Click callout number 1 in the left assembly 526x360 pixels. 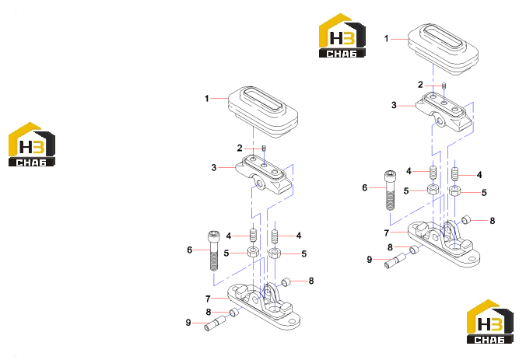click(x=207, y=99)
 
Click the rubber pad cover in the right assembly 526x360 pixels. click(x=443, y=49)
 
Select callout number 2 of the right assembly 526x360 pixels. click(x=420, y=85)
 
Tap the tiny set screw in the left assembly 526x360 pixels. click(x=264, y=149)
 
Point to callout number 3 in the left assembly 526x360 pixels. click(x=214, y=168)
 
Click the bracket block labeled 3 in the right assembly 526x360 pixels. click(x=444, y=113)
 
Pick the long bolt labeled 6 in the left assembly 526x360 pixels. click(x=214, y=250)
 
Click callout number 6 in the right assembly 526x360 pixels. click(x=365, y=187)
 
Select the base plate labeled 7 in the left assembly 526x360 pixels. click(x=264, y=306)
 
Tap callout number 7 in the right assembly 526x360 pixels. click(x=387, y=232)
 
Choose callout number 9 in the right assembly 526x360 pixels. click(x=370, y=260)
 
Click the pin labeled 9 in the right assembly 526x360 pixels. click(x=395, y=261)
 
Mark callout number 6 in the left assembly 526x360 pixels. click(x=190, y=250)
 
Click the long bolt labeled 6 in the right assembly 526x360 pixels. click(x=390, y=190)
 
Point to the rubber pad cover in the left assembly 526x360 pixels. click(x=263, y=112)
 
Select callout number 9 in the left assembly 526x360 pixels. click(x=188, y=323)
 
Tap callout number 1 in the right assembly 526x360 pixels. click(x=386, y=39)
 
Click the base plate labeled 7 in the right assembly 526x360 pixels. click(x=444, y=244)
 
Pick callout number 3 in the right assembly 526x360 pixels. click(x=394, y=105)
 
